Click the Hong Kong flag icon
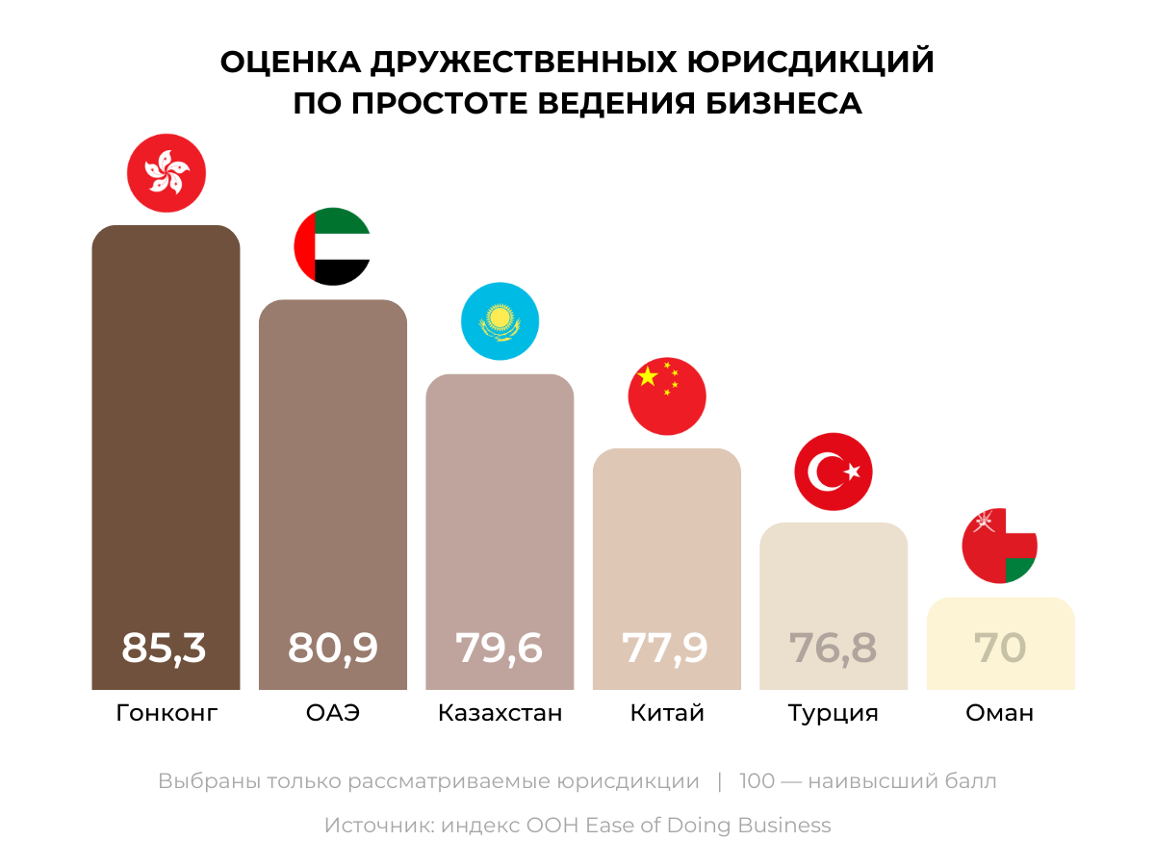click(167, 174)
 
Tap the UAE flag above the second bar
click(332, 246)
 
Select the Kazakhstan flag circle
click(500, 321)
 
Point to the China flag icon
click(667, 395)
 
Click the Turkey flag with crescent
click(834, 471)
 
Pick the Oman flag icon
click(1000, 546)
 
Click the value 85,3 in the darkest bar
click(165, 648)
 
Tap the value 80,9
click(332, 648)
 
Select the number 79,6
click(500, 648)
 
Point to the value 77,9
click(666, 648)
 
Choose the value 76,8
click(834, 648)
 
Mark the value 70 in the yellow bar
click(1000, 648)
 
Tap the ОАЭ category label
click(333, 713)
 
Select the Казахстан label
click(500, 713)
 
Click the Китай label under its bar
click(667, 713)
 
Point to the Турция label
click(834, 713)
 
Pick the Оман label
click(1000, 713)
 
